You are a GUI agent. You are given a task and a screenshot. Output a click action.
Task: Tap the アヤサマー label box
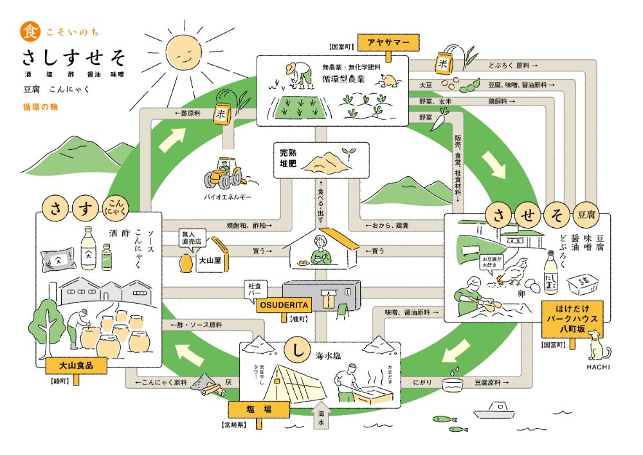click(388, 42)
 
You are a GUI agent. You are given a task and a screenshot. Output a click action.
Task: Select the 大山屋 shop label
click(207, 263)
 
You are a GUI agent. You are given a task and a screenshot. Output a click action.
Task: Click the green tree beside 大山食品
click(47, 320)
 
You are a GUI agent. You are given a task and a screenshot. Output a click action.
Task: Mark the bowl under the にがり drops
click(455, 385)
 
